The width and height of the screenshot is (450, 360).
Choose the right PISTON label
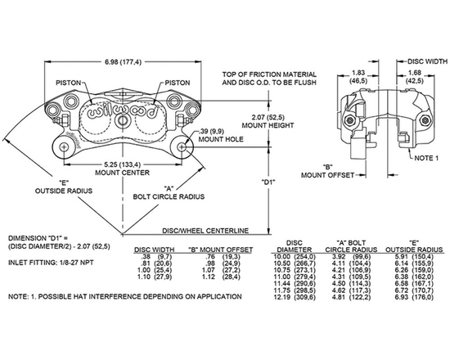pos(178,83)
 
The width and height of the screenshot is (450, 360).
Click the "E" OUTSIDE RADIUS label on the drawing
pos(59,187)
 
